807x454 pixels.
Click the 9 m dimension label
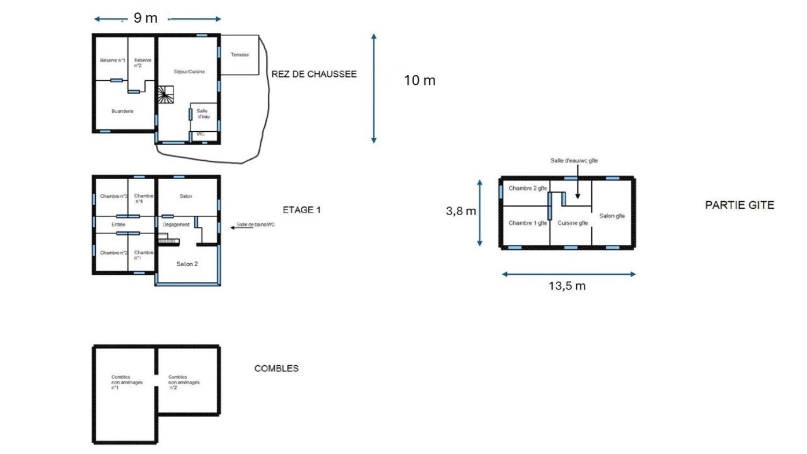[x=145, y=18]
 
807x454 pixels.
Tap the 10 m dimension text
[x=420, y=80]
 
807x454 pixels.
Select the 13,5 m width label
[x=567, y=286]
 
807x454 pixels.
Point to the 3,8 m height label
[x=461, y=211]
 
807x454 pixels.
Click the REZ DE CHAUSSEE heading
[x=314, y=74]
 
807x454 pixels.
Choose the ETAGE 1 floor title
[x=301, y=210]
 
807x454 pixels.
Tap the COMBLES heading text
[x=276, y=368]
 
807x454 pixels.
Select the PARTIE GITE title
[x=739, y=205]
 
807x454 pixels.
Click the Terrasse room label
[x=239, y=55]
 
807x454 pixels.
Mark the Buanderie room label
[x=122, y=111]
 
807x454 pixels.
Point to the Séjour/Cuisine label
[x=189, y=72]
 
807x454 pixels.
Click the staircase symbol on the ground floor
[x=165, y=95]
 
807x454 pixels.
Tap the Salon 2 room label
[x=187, y=264]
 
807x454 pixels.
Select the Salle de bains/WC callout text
[x=256, y=224]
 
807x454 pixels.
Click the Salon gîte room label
[x=612, y=216]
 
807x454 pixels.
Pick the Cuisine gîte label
[x=572, y=223]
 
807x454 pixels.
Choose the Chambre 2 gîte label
[x=527, y=188]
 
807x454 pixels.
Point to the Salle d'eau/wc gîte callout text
[x=574, y=160]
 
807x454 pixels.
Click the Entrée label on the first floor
[x=118, y=224]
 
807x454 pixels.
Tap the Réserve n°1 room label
[x=112, y=60]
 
